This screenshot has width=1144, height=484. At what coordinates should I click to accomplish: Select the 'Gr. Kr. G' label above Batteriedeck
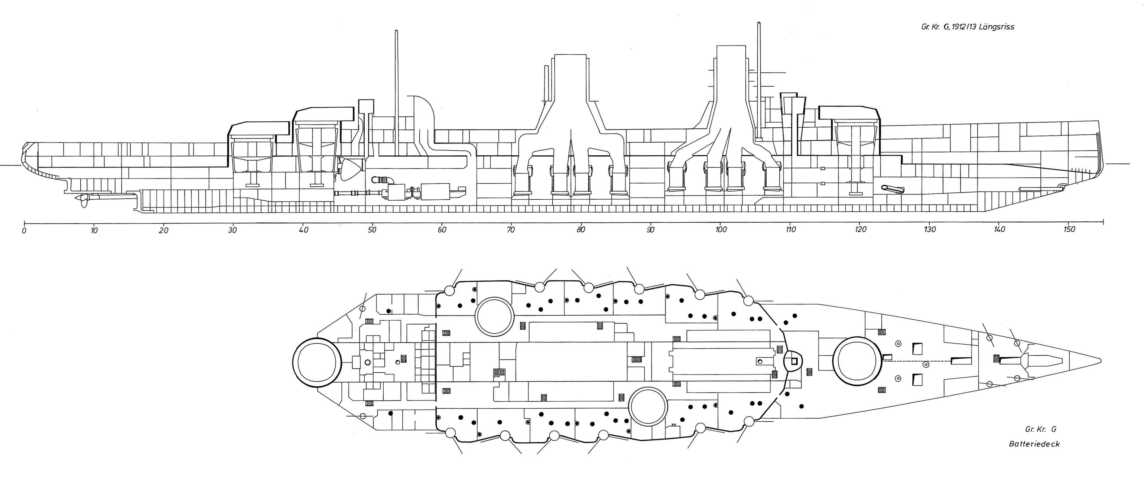(x=1041, y=429)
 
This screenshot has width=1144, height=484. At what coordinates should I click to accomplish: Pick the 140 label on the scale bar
(x=1000, y=230)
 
